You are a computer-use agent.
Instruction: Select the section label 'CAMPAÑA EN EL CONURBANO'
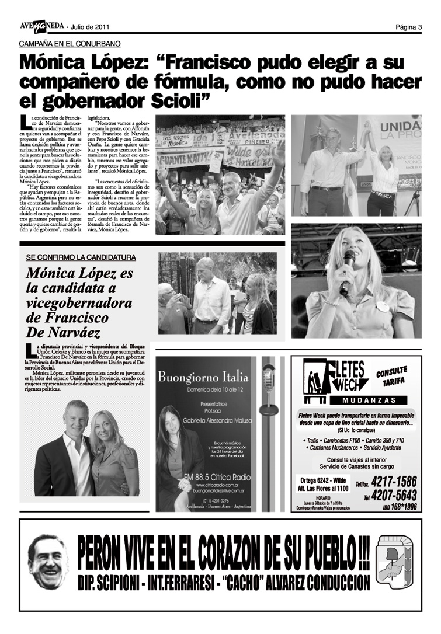(70, 44)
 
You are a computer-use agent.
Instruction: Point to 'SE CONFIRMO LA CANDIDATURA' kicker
(81, 257)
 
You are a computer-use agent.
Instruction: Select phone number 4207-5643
(394, 496)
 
